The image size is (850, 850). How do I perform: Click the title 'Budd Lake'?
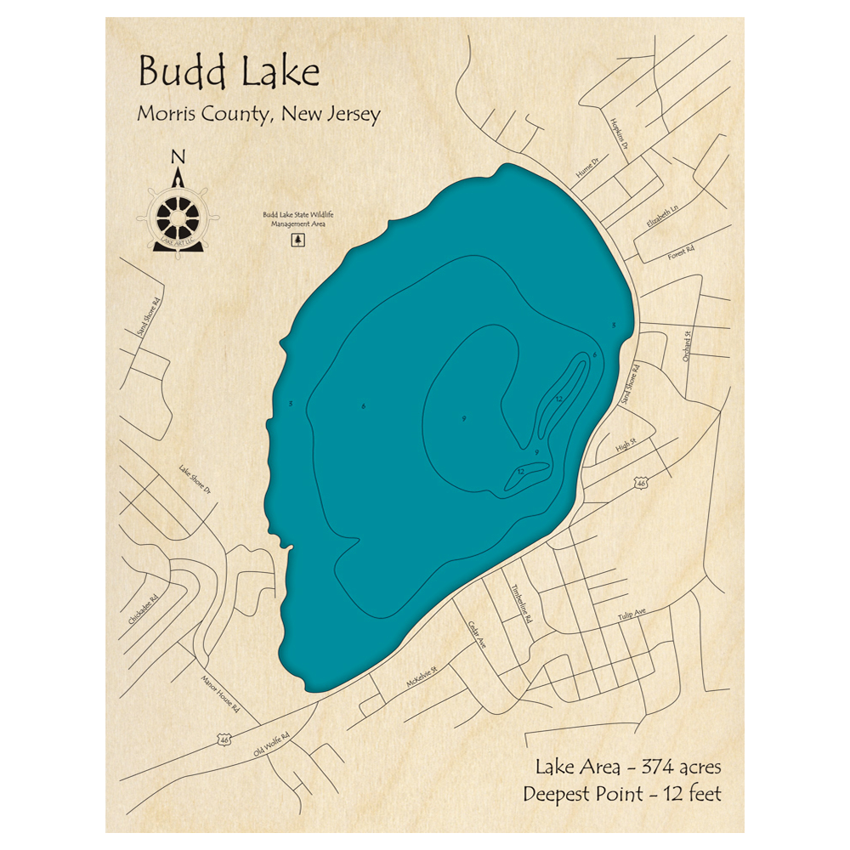(229, 73)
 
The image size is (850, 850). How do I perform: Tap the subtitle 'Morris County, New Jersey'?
(258, 115)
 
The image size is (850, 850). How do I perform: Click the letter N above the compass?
(178, 156)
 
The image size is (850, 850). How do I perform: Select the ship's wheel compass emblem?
(178, 216)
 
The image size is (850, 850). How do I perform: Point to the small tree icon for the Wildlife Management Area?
(297, 240)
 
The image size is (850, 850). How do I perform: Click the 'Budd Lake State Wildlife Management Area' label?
(297, 218)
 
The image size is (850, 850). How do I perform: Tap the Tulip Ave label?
(632, 614)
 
